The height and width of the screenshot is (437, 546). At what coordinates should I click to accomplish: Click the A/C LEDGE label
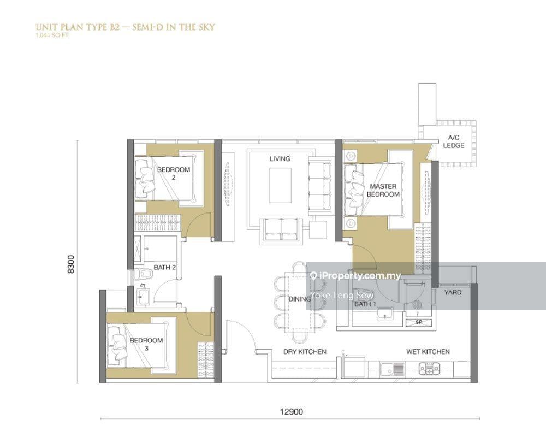coord(453,141)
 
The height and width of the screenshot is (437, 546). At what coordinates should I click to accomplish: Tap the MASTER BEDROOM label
coord(383,190)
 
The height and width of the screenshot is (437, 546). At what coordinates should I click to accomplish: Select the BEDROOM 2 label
coord(174,174)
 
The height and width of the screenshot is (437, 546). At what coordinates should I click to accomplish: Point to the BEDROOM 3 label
coord(146,344)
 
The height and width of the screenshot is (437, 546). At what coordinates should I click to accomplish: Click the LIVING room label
coord(280,158)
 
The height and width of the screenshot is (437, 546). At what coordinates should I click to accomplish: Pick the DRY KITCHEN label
coord(305,352)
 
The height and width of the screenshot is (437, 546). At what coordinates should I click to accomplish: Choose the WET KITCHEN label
coord(428,352)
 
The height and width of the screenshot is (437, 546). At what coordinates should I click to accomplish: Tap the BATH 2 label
coord(165,267)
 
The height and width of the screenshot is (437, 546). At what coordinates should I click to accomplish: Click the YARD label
coord(453,292)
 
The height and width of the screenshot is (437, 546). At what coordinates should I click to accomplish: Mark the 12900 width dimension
coord(292,411)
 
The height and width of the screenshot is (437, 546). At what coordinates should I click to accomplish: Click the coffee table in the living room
coord(280,185)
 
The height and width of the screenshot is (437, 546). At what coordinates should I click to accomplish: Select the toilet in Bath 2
coord(144,274)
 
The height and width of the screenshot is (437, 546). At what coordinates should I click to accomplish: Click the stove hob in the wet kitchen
coord(429,369)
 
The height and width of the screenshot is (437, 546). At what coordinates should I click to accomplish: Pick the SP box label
coord(419,322)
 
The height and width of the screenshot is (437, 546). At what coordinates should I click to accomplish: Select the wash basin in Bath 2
coord(142,297)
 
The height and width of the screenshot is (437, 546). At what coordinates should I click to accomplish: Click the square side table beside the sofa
coord(318,231)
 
